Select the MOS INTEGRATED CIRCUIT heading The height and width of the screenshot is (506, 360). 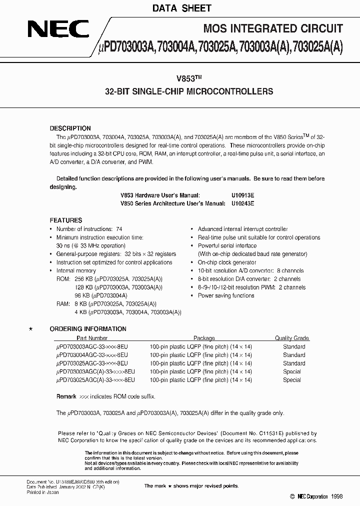click(273, 28)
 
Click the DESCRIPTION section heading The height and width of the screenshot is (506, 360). click(70, 128)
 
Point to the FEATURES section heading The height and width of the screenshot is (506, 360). click(66, 220)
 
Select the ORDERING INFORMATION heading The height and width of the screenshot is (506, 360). click(88, 329)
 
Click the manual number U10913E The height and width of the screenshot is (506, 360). click(243, 195)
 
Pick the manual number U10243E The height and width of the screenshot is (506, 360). click(243, 203)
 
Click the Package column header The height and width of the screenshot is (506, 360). click(204, 338)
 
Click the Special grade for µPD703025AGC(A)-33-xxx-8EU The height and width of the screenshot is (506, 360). click(292, 380)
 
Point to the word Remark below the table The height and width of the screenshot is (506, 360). click(66, 396)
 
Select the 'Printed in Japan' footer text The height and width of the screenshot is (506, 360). click(42, 492)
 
